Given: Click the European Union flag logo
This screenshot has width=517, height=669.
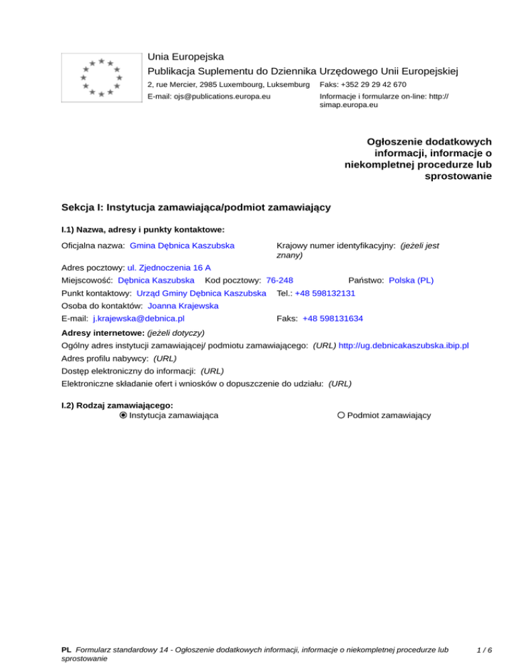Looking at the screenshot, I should pos(101,77).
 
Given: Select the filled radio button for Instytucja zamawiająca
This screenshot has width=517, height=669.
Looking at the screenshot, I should pos(123,415).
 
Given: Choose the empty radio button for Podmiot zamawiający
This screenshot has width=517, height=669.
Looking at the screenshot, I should pos(341,415).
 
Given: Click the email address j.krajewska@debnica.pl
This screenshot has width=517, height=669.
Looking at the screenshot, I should pos(139,318).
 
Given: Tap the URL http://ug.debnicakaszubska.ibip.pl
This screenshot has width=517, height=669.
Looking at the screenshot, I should pos(404,345).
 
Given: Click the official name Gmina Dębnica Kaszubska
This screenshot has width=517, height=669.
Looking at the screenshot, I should pos(182,246).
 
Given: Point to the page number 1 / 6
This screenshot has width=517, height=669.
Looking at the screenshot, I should pos(483,651).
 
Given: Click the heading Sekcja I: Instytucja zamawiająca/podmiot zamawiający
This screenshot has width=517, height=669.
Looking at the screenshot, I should pos(195,207).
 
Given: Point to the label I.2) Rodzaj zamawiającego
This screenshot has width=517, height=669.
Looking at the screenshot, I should pos(117,405).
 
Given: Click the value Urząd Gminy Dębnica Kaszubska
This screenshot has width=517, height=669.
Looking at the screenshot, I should pos(201,293).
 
